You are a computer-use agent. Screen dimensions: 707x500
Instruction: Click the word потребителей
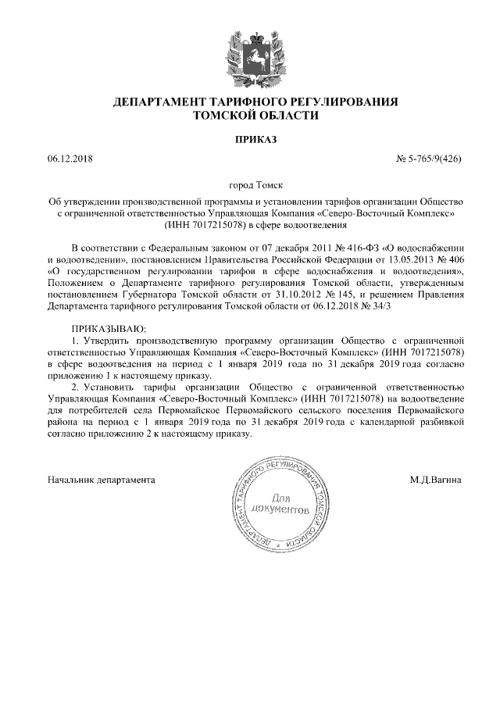tap(95, 410)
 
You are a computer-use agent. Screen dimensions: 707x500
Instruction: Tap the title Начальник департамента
tap(101, 478)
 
